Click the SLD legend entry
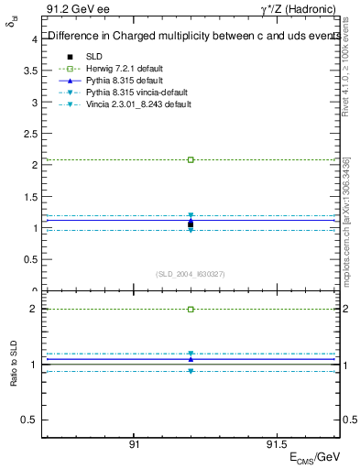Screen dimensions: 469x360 (91, 57)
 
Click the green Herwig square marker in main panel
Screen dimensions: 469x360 (191, 159)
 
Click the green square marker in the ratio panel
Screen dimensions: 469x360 (191, 310)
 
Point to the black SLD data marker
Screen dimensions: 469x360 (191, 224)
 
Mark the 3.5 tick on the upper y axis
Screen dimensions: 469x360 (31, 71)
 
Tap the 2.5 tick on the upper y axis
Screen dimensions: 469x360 (31, 134)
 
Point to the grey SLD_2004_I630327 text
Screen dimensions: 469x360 (191, 273)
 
